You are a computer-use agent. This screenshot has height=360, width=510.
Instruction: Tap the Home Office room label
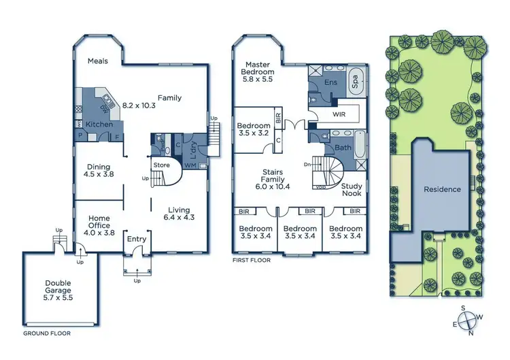point(99,225)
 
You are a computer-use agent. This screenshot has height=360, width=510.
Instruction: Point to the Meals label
point(98,61)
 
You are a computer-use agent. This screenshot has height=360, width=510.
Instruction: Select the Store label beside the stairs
point(161,165)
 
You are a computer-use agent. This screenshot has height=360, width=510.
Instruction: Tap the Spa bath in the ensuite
point(355,83)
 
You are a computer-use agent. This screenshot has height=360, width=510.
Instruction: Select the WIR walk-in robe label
point(339,115)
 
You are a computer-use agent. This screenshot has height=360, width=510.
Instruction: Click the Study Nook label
point(352,189)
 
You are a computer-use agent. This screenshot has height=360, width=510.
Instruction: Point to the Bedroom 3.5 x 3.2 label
point(254,130)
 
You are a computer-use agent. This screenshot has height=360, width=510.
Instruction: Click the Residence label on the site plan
point(442,189)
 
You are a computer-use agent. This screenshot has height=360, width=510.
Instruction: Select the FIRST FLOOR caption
point(252,261)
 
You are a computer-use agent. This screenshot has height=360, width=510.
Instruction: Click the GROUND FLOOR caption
point(47,334)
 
